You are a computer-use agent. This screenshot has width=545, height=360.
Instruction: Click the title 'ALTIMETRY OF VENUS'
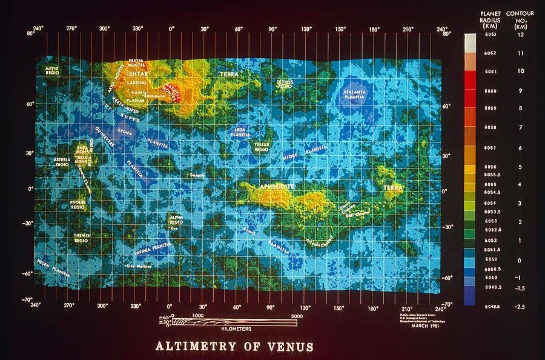tap(235, 347)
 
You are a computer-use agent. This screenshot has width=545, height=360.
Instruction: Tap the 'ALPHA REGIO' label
tap(176, 219)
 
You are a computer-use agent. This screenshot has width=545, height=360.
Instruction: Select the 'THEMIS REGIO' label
tap(82, 237)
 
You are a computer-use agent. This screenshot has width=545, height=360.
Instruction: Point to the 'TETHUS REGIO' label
tap(285, 84)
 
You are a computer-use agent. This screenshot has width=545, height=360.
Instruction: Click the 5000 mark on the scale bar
tap(296, 316)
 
